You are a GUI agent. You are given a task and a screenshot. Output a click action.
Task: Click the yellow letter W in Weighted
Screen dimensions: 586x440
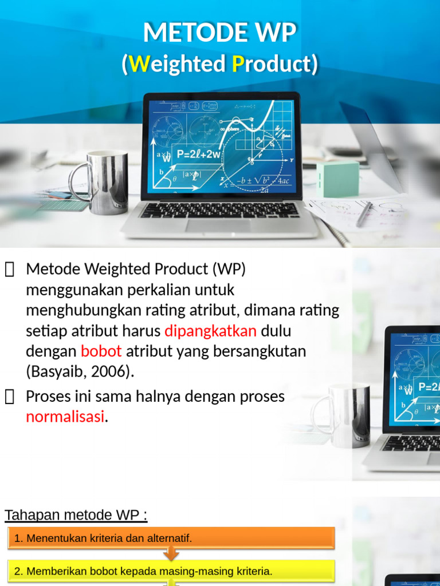pyautogui.click(x=138, y=64)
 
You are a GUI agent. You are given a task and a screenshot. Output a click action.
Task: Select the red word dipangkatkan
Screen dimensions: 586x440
pyautogui.click(x=210, y=331)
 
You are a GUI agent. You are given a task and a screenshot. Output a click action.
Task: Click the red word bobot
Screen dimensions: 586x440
pyautogui.click(x=101, y=351)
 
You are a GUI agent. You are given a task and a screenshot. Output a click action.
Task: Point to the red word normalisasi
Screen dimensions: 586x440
pyautogui.click(x=65, y=417)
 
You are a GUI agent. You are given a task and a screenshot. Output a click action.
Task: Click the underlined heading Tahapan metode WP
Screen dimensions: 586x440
pyautogui.click(x=76, y=515)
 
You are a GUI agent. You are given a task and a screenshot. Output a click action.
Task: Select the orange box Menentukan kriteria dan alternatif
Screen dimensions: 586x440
pyautogui.click(x=171, y=538)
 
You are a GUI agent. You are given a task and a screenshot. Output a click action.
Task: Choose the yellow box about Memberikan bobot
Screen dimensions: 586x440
pyautogui.click(x=171, y=571)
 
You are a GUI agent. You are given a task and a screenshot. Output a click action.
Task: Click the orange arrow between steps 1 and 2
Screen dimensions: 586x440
pyautogui.click(x=171, y=554)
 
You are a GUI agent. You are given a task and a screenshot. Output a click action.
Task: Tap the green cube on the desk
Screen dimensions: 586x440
pyautogui.click(x=337, y=179)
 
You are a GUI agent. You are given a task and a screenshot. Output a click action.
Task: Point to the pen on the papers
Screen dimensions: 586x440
pyautogui.click(x=364, y=214)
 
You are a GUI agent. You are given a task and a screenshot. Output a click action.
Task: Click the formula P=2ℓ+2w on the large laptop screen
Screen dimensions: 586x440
pyautogui.click(x=198, y=154)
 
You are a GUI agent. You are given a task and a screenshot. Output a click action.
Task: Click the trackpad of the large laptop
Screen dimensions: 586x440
pyautogui.click(x=218, y=225)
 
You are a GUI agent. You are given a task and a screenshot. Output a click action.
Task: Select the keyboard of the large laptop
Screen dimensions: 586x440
pyautogui.click(x=219, y=210)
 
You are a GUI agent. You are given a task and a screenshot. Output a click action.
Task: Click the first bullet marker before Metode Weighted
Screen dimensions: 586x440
pyautogui.click(x=9, y=269)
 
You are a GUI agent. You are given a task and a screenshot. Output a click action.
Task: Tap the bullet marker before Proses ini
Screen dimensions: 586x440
pyautogui.click(x=9, y=397)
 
